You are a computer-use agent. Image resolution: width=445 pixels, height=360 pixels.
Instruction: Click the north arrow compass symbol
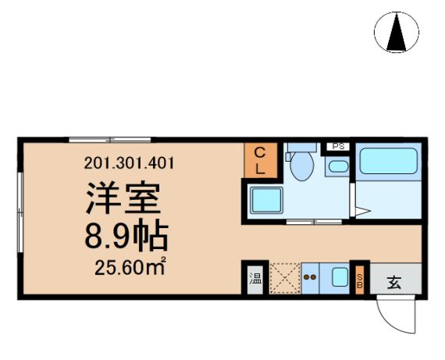pos(396,32)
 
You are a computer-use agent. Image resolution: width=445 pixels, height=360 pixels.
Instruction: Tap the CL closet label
pos(260,161)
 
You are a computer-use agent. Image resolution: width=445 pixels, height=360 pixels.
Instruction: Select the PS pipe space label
pos(338,147)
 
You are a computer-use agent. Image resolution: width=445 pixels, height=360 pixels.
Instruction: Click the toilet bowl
pos(302,166)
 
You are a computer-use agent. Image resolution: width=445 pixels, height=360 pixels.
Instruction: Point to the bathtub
pos(389,161)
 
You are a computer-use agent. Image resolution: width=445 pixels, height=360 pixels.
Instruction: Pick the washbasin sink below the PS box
pos(338,166)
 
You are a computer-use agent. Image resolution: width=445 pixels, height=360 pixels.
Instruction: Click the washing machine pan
pos(266,200)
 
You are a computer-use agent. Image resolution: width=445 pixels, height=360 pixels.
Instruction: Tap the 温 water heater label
pos(255,279)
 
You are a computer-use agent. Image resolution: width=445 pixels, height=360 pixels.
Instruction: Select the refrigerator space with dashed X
pos(285,278)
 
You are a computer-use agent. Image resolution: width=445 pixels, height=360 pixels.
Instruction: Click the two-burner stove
pos(310,278)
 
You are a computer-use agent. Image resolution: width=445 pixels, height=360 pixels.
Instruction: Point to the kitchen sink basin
pos(340,276)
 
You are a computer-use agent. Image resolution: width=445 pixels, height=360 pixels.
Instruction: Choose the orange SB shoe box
pos(360,280)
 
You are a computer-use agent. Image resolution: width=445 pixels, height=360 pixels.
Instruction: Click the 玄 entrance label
pos(395,283)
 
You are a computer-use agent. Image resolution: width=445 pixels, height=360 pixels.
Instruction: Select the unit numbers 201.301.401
pos(129,163)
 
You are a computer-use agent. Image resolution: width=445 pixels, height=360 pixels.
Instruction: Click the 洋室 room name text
pos(123,198)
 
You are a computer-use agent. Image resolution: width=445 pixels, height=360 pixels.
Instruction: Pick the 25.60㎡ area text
pos(130,267)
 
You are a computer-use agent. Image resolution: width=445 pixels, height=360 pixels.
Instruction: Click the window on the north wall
pos(110,140)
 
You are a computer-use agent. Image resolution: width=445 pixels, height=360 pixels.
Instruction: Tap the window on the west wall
pos(20,212)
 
